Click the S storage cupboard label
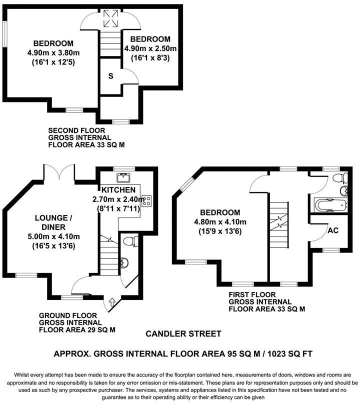[x=109, y=76]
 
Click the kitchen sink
[x=122, y=177]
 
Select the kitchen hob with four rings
[x=147, y=200]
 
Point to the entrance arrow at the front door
[x=111, y=302]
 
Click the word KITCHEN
[x=118, y=190]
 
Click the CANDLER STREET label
[x=183, y=333]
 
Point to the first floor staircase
[x=278, y=220]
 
